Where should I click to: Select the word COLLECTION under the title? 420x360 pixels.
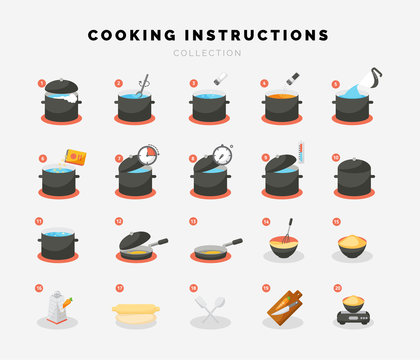(209, 53)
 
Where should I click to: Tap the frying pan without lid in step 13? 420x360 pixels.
(212, 247)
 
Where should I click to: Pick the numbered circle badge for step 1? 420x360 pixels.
(42, 83)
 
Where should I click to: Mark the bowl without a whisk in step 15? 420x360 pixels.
(353, 245)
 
